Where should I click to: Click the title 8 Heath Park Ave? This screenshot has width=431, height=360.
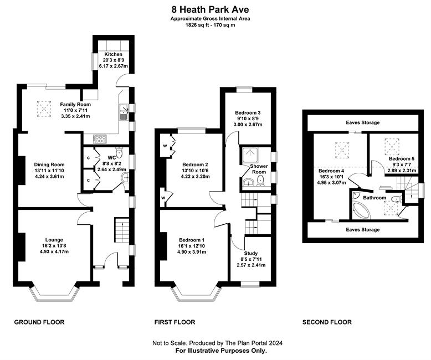point(211,9)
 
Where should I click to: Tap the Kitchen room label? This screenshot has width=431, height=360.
point(113,54)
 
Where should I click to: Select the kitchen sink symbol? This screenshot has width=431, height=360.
point(124,112)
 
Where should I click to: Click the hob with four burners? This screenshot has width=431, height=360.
point(100,139)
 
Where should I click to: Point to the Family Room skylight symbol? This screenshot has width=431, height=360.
point(44,109)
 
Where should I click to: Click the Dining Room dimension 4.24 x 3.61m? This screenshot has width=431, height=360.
point(49,177)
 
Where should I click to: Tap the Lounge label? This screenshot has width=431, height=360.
point(54,240)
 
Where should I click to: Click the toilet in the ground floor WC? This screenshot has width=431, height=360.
point(119,152)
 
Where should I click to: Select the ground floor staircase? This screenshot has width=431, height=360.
point(121,230)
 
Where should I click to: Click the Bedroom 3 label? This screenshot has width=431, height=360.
point(248,112)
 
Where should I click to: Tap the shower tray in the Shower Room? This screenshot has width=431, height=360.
point(250,156)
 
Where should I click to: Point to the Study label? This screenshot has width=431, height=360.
point(251,253)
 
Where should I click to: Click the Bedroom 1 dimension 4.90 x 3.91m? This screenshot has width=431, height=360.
point(192,252)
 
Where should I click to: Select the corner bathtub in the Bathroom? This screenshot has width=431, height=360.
point(361,210)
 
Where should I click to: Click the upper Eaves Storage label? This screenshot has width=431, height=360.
point(362,122)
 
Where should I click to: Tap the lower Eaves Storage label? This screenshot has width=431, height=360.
point(362,229)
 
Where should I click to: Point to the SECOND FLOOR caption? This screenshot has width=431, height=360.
point(327,322)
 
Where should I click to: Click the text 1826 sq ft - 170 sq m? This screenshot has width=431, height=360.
point(211,25)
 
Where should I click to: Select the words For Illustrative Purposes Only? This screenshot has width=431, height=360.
point(221,351)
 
